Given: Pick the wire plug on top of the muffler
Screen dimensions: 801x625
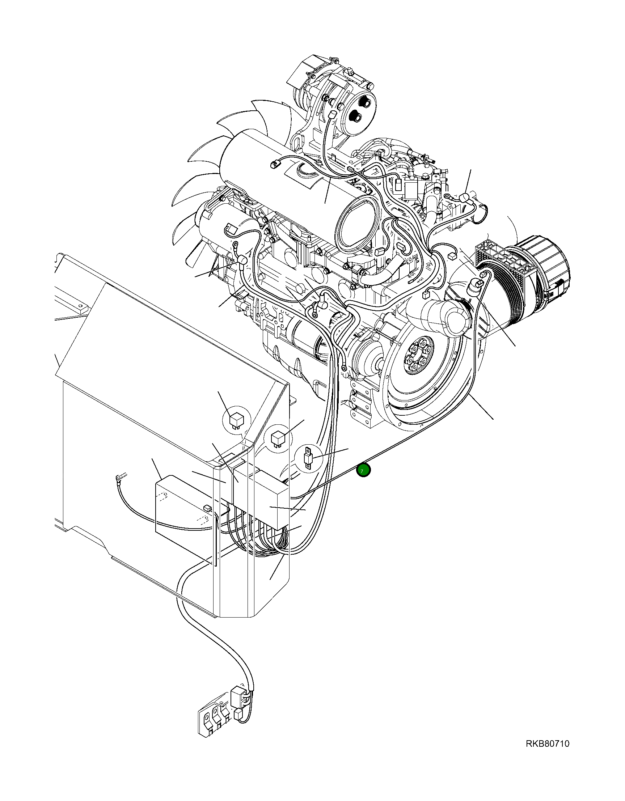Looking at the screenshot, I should tap(275, 165).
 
